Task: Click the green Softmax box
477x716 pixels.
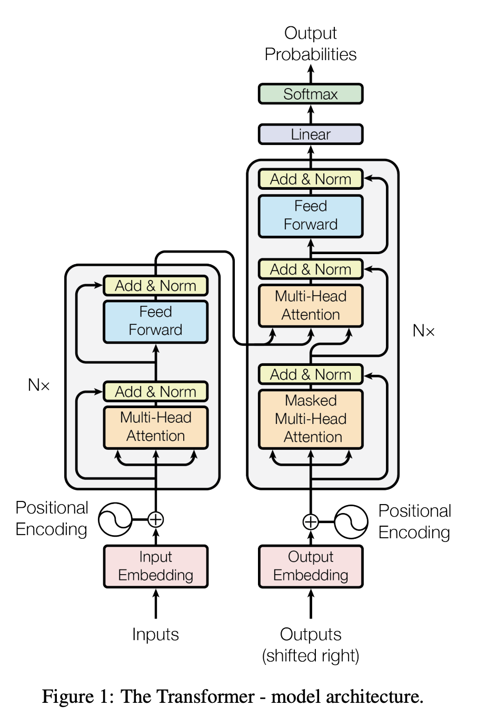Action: point(311,94)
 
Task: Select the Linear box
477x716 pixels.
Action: point(311,134)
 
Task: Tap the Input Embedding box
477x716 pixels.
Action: point(155,566)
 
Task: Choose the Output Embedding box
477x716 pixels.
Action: point(311,566)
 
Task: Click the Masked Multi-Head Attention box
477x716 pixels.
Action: point(311,419)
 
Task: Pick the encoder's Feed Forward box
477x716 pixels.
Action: point(155,321)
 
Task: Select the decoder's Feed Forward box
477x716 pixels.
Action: point(311,216)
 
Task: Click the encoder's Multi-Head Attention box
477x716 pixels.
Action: point(155,427)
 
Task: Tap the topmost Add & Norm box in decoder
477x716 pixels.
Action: point(311,179)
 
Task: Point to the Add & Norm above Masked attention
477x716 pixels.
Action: point(311,374)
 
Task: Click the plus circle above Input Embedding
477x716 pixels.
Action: point(155,519)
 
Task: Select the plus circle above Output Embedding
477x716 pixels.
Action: point(311,522)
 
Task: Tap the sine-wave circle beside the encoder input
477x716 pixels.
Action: point(115,519)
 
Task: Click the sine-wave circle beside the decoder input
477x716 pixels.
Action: point(351,522)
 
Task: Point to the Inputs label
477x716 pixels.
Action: point(155,634)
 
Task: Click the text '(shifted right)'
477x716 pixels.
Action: point(311,656)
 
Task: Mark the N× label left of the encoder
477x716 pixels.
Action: point(39,385)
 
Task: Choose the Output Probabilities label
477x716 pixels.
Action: point(311,44)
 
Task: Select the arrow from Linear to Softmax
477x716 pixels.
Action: point(311,114)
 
